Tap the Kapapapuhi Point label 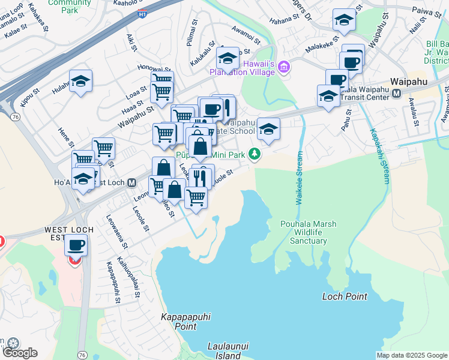(178, 322)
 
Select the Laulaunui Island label (228, 351)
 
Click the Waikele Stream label (299, 178)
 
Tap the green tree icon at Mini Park (255, 155)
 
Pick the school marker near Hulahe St (80, 82)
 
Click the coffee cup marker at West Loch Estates (76, 245)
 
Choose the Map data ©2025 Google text (411, 355)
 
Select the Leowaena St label (117, 232)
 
